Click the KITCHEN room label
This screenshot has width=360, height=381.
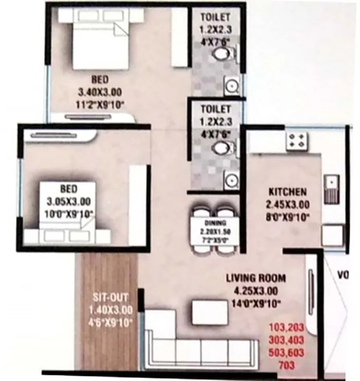coord(287,191)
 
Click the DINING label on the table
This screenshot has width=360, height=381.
coord(211,224)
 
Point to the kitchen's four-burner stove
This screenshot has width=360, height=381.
coord(297,139)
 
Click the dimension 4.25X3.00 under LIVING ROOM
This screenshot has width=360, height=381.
coord(256,291)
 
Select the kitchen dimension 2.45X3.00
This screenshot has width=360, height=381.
coord(287,204)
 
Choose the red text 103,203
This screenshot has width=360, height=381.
coord(287,328)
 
